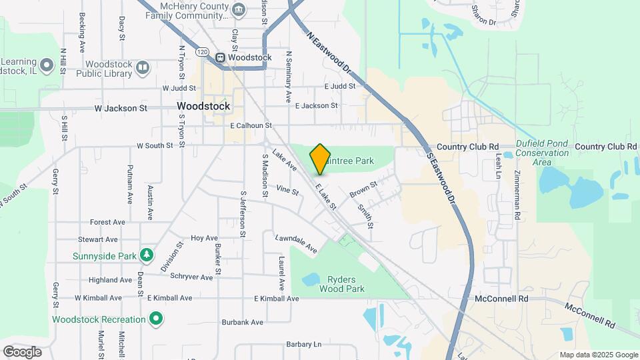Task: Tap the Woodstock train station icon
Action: pos(219,57)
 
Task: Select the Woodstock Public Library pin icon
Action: pos(143,67)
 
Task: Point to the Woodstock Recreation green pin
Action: pos(156,319)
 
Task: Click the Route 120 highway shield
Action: pos(203,51)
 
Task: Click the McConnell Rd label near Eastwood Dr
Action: pos(501,299)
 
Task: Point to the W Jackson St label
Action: pos(121,108)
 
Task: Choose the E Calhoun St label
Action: pos(251,125)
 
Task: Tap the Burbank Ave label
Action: pos(243,323)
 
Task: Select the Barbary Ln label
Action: pos(303,345)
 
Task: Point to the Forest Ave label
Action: pos(108,222)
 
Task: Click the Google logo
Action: pos(22,352)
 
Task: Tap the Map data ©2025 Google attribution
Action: pos(598,355)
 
